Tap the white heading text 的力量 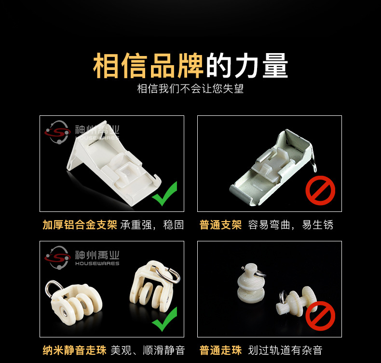[x=247, y=66]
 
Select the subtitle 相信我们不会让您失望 [x=190, y=89]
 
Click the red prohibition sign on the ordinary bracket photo [x=320, y=190]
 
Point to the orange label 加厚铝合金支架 [x=80, y=225]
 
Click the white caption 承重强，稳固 [x=152, y=225]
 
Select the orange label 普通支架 [x=220, y=225]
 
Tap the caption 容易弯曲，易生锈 [x=291, y=225]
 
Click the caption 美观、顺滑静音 [x=148, y=350]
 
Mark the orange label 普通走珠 [x=220, y=350]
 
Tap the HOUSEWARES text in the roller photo [x=97, y=264]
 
